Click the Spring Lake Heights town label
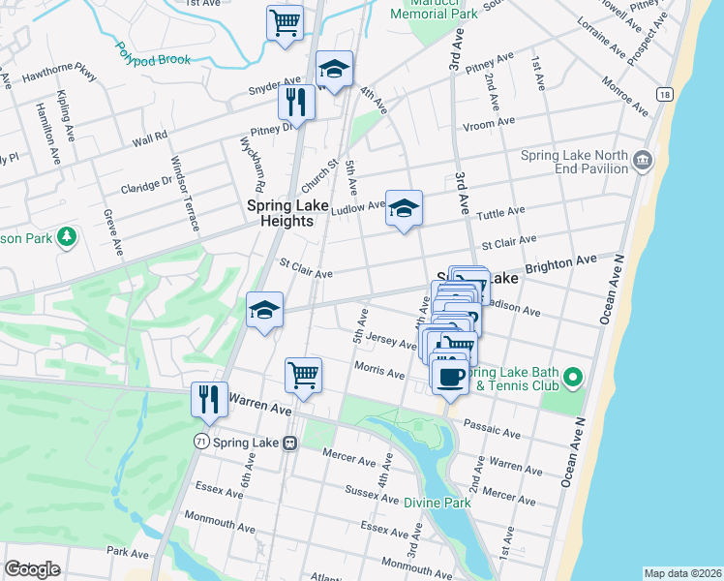pyautogui.click(x=280, y=213)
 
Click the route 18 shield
pyautogui.click(x=663, y=94)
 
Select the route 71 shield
pyautogui.click(x=200, y=441)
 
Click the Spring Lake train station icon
pyautogui.click(x=288, y=442)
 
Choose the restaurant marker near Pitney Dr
pyautogui.click(x=296, y=102)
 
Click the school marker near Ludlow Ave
pyautogui.click(x=404, y=207)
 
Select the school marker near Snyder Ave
pyautogui.click(x=334, y=70)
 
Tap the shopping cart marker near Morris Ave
pyautogui.click(x=303, y=375)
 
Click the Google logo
pyautogui.click(x=31, y=569)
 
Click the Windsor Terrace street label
pyautogui.click(x=184, y=193)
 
